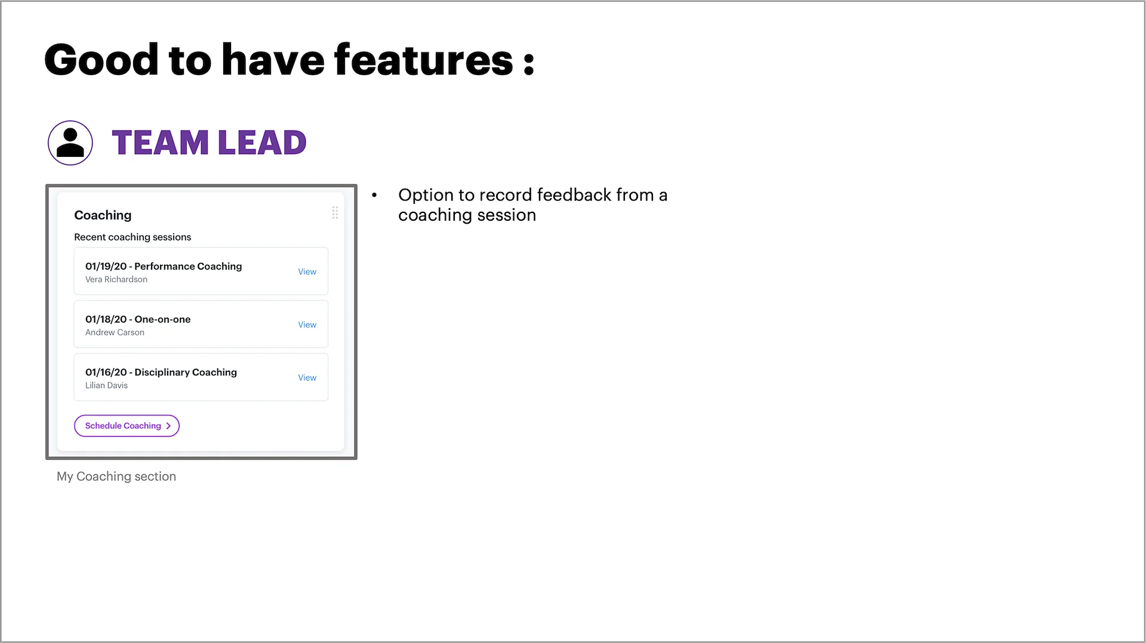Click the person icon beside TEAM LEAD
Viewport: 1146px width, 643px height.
click(x=70, y=143)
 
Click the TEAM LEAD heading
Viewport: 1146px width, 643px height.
click(x=209, y=143)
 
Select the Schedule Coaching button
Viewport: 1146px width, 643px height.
click(x=127, y=426)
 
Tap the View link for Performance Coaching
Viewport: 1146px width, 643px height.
click(x=307, y=272)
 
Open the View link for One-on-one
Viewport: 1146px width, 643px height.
click(x=307, y=325)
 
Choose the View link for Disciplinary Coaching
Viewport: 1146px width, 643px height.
click(x=307, y=378)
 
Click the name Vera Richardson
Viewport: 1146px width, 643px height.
click(x=116, y=280)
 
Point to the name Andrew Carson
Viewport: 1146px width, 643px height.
click(x=115, y=333)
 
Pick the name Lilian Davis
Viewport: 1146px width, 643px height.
click(x=106, y=386)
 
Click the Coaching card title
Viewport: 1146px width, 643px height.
click(x=103, y=215)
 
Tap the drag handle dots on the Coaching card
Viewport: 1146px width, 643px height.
click(x=335, y=213)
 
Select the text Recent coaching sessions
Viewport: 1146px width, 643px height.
click(x=133, y=237)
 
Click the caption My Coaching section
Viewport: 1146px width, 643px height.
click(x=116, y=477)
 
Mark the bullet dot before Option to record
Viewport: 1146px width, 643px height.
click(x=374, y=195)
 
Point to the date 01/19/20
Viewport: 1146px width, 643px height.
click(x=106, y=267)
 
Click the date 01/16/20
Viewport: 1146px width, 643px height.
click(x=106, y=373)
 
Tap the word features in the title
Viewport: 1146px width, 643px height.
click(x=424, y=60)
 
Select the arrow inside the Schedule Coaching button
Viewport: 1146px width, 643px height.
click(x=168, y=426)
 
